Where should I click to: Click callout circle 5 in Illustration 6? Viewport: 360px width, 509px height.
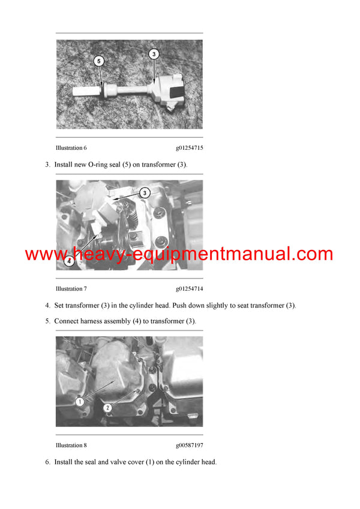point(100,61)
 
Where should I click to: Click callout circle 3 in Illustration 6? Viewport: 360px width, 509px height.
point(154,54)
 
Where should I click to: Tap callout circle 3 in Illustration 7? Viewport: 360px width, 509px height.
point(144,192)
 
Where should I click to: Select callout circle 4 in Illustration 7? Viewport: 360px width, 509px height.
point(69,261)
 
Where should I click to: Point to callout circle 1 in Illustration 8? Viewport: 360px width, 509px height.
point(79,401)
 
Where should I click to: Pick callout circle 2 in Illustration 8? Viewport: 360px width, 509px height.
point(107,408)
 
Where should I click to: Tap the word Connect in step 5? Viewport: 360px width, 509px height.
point(68,321)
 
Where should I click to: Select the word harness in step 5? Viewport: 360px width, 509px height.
point(97,321)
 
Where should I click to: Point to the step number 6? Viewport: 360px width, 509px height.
point(47,462)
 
